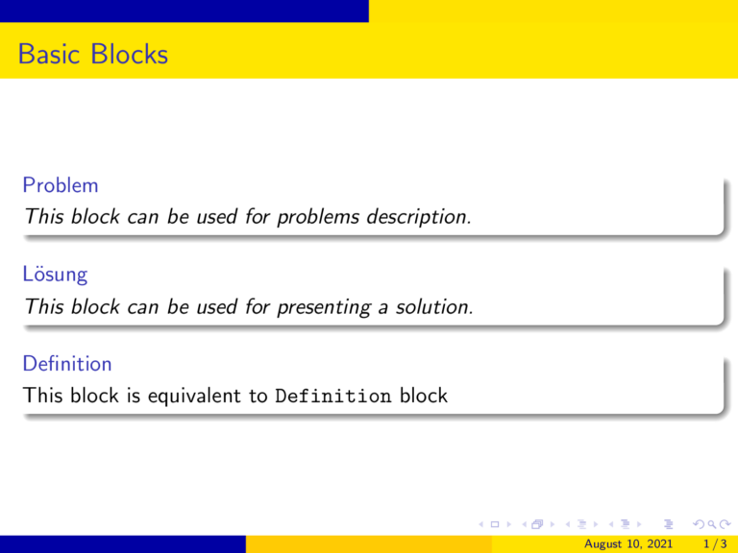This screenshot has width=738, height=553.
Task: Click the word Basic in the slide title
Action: [x=50, y=55]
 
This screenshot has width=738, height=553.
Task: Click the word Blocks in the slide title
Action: [x=130, y=55]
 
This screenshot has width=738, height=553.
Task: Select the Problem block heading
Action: [x=61, y=184]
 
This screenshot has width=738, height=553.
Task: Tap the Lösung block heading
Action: [x=56, y=275]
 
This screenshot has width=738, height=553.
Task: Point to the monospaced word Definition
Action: [x=332, y=396]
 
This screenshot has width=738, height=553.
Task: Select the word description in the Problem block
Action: [x=416, y=218]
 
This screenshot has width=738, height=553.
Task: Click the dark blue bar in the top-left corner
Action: [x=184, y=11]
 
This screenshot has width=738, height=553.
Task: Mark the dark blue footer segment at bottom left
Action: [x=123, y=544]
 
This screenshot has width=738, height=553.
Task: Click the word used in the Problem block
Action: [x=216, y=218]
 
